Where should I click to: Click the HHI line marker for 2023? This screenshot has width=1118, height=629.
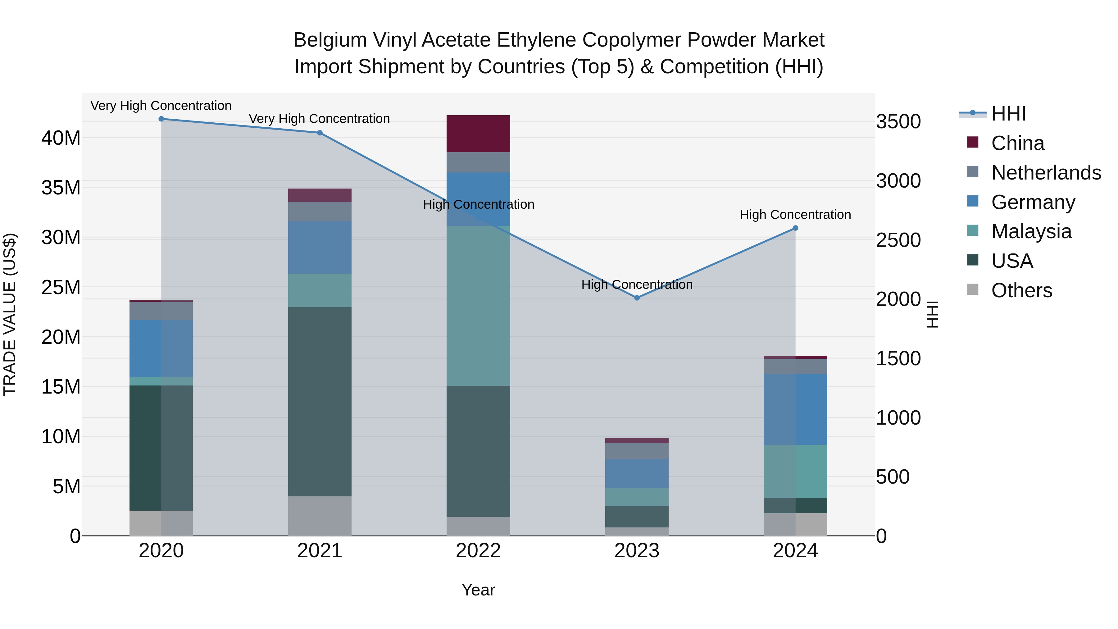click(637, 298)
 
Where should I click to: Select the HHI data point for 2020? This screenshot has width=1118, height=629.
click(161, 119)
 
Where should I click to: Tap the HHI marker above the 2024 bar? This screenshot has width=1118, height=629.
click(795, 228)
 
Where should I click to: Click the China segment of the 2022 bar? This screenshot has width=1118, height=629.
click(478, 134)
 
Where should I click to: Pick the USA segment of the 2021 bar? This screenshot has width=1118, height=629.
click(320, 402)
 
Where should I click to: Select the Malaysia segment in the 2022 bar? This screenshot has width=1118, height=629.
click(478, 306)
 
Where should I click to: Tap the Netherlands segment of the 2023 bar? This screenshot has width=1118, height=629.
click(637, 451)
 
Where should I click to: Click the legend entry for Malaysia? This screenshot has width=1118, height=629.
click(1031, 231)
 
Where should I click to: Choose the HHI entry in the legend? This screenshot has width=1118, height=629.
click(1008, 114)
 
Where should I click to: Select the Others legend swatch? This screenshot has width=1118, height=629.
click(973, 289)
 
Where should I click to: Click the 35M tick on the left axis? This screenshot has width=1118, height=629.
click(61, 188)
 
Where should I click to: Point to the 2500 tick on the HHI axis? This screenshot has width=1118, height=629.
click(898, 240)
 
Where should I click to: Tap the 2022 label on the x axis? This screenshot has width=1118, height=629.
click(478, 551)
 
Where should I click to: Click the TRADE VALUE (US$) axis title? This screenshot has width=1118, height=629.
click(10, 314)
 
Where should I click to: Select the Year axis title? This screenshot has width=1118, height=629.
click(478, 590)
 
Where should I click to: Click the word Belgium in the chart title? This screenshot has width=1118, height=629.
click(330, 40)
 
